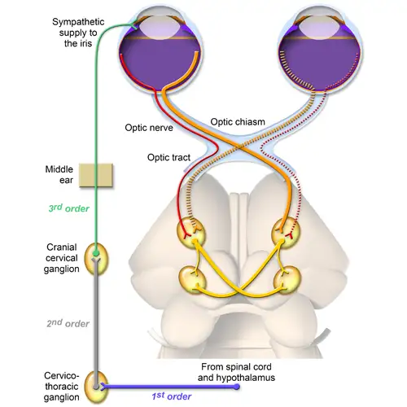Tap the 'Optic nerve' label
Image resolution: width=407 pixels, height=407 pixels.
tap(149, 128)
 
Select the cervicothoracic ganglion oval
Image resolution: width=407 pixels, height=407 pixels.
tap(98, 383)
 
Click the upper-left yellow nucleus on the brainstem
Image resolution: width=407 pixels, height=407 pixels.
tap(192, 234)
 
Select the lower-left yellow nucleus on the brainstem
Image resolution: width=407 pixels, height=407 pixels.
tap(195, 281)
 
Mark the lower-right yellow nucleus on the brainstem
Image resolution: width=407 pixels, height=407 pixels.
tap(286, 281)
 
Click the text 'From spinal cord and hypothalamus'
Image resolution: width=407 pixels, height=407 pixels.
tap(236, 372)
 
